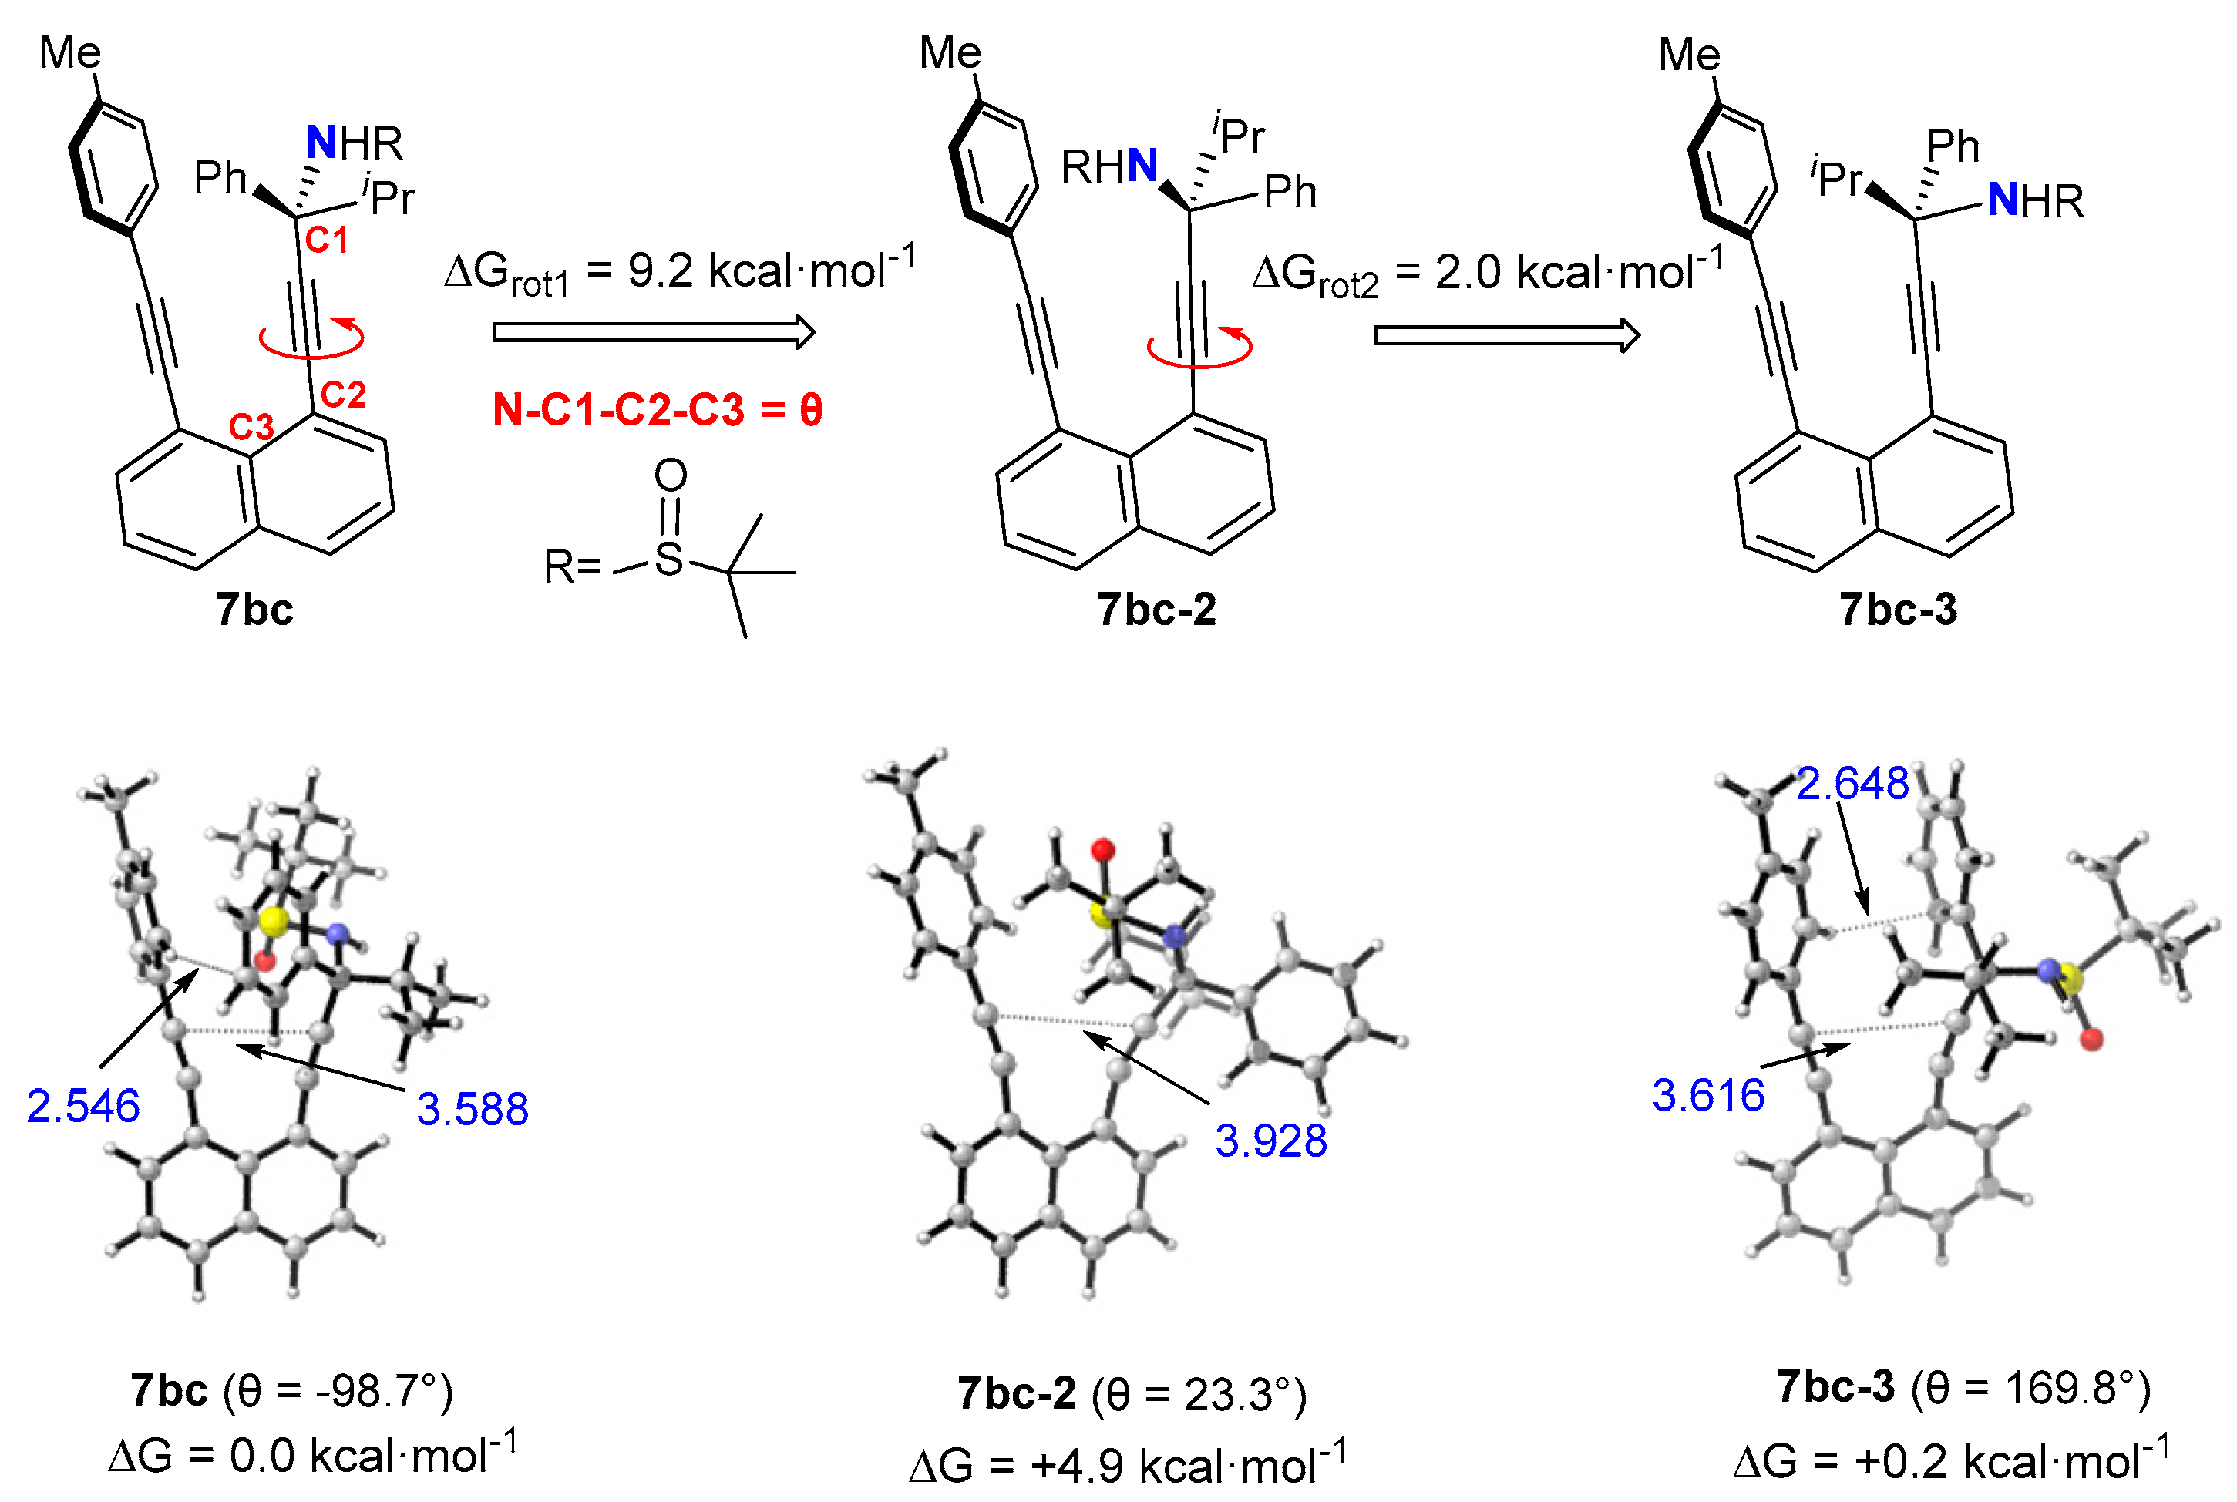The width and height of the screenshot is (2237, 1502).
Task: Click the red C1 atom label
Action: click(327, 240)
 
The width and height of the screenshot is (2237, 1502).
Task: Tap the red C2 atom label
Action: click(343, 395)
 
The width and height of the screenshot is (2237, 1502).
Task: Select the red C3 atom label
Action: click(251, 427)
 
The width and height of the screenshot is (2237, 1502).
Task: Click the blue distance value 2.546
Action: click(83, 1107)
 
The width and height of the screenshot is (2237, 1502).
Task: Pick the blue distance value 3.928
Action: click(1270, 1141)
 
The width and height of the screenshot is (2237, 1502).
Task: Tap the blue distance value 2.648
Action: click(1852, 784)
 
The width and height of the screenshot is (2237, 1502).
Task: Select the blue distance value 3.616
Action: click(1708, 1095)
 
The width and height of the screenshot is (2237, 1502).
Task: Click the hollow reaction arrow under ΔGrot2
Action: click(1506, 335)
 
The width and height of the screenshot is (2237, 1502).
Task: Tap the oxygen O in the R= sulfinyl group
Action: click(671, 475)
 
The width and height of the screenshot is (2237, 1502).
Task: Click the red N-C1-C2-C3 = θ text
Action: click(658, 410)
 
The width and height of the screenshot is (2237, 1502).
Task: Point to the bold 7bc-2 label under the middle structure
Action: click(1156, 610)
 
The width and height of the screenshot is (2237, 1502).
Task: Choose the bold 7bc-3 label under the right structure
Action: click(1898, 610)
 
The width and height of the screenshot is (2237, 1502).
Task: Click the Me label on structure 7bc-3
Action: click(1689, 55)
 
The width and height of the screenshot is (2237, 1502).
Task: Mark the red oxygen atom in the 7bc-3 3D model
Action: click(2092, 1038)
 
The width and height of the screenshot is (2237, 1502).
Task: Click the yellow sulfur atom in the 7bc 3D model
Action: click(273, 922)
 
